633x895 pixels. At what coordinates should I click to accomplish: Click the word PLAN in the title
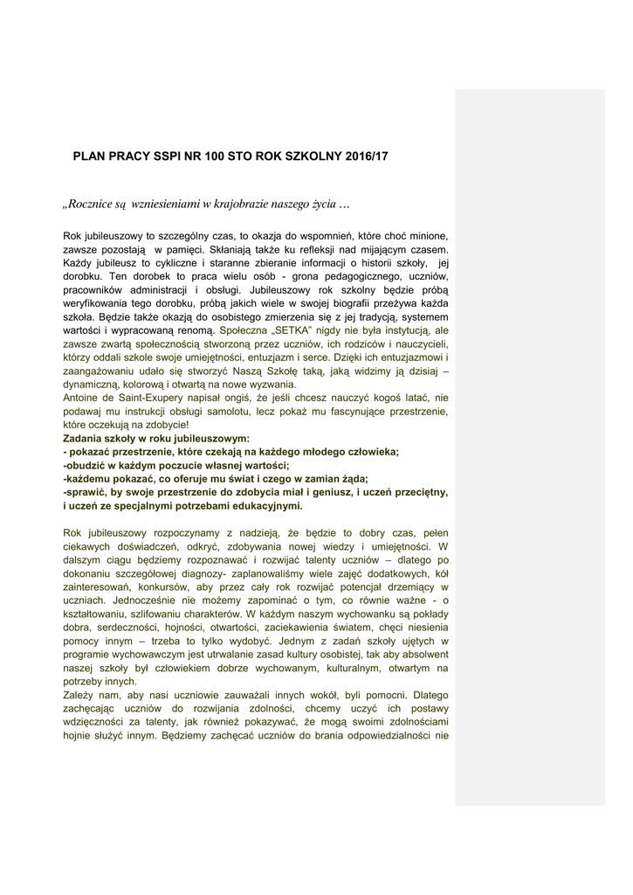point(87,156)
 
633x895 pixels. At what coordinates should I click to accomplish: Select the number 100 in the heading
point(214,156)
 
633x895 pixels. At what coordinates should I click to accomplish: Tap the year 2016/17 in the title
point(367,156)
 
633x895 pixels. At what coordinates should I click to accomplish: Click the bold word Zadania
point(86,438)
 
